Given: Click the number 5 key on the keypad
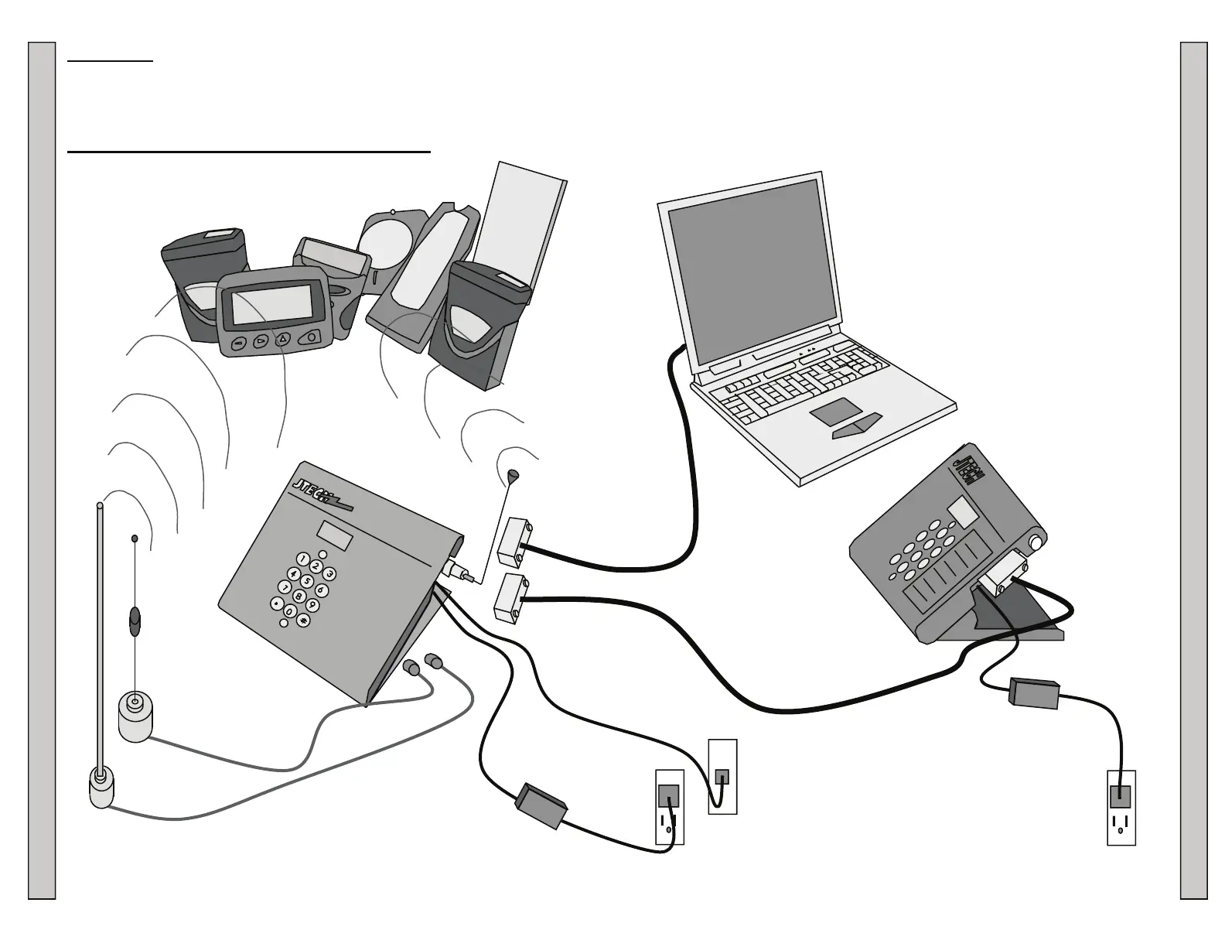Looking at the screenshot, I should pos(307,582).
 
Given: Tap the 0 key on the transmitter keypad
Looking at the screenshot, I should pos(289,612).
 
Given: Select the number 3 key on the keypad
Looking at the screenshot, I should pos(329,574).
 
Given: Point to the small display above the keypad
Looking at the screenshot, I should pos(335,535).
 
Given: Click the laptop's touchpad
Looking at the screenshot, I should pos(837,412).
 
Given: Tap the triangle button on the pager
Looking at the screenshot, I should pos(283,339).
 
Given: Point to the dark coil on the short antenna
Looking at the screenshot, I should pos(135,621).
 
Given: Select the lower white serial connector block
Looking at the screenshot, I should pos(510,597).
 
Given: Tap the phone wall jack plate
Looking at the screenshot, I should pos(722,776).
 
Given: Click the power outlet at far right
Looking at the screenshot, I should pos(1121,807).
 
